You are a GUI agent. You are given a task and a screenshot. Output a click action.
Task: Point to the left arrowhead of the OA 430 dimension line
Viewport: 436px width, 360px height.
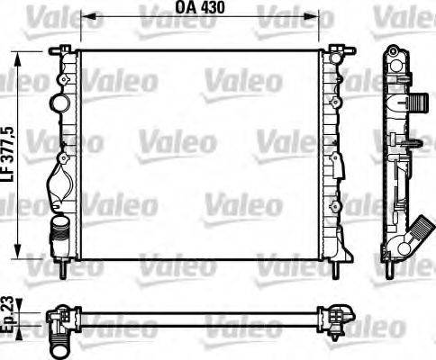point(85,16)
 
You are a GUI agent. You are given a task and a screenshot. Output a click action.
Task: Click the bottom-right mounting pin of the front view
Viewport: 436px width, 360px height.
point(339,267)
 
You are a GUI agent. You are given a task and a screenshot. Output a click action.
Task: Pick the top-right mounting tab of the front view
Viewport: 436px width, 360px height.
point(340,49)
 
